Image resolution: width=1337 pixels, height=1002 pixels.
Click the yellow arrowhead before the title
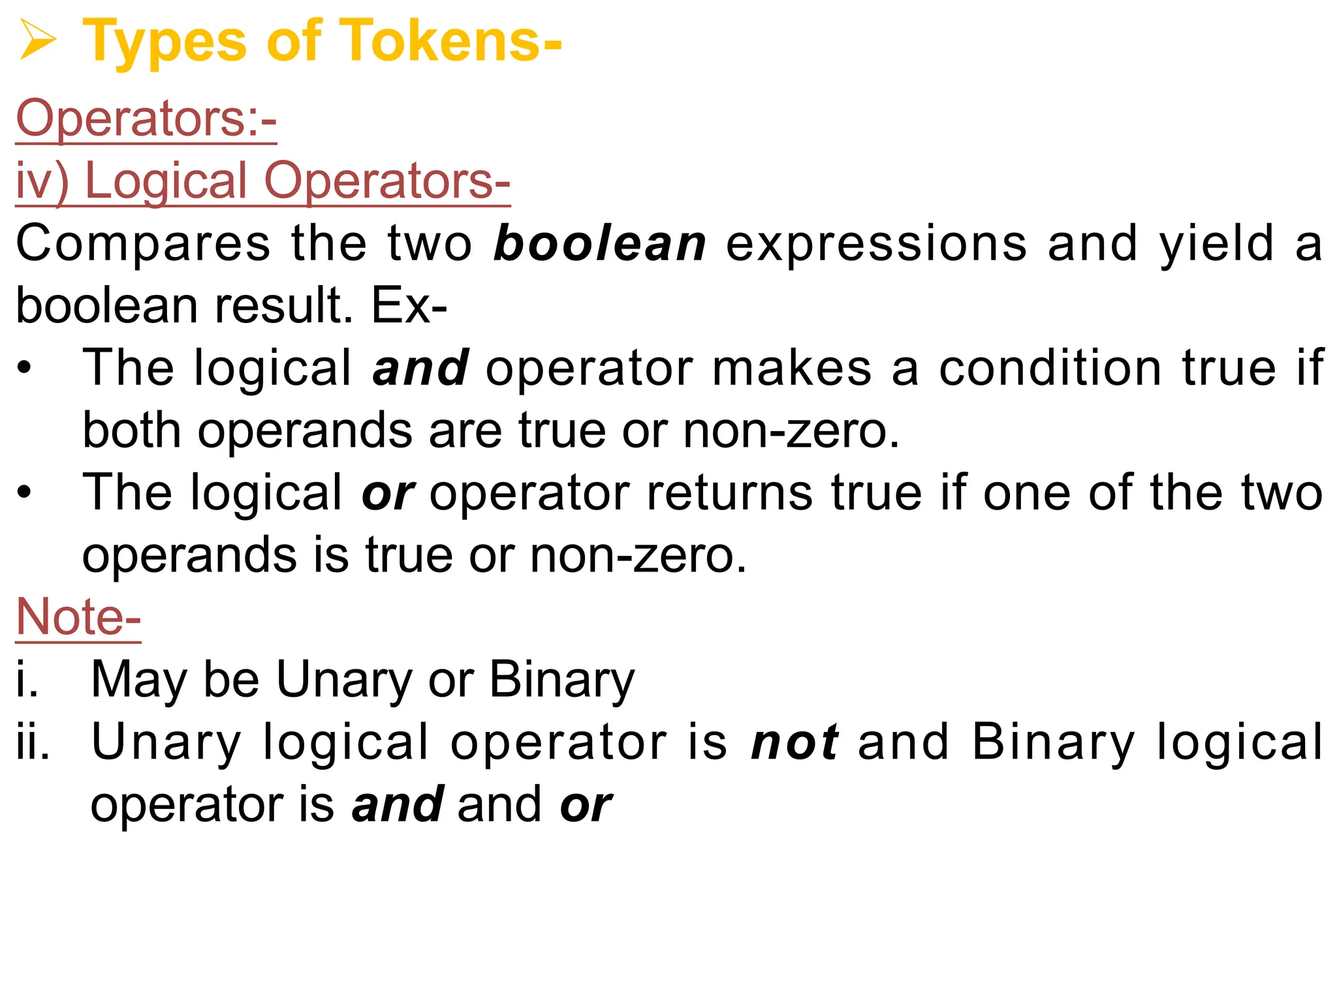[37, 40]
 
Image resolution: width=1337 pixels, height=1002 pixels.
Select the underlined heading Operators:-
[146, 119]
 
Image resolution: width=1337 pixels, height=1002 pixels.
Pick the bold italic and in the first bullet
[420, 368]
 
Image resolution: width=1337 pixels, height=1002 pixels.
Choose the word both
[132, 431]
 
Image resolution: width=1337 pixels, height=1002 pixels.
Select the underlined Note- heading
[78, 617]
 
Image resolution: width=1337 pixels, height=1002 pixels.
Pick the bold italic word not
[794, 742]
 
